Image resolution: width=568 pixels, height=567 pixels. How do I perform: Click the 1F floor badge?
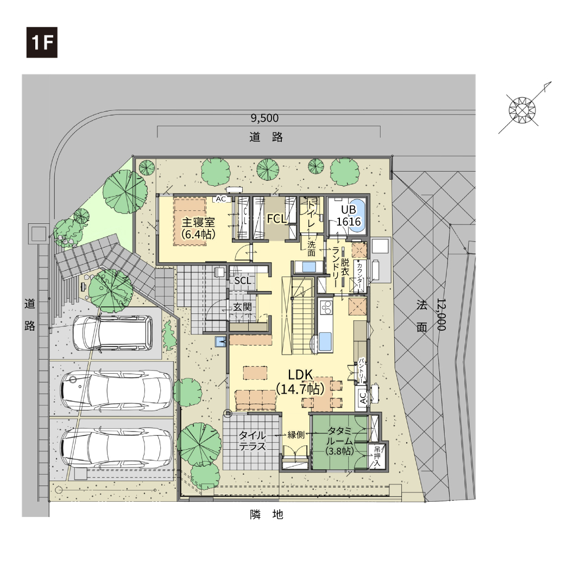[x=42, y=42]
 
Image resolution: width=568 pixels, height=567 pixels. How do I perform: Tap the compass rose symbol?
[x=522, y=109]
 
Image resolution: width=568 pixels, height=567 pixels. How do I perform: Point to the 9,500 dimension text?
[x=264, y=118]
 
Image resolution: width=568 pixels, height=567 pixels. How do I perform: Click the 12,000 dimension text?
[x=441, y=314]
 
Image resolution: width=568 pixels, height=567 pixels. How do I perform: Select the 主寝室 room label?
[x=198, y=222]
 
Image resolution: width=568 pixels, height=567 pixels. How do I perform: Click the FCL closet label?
[x=277, y=218]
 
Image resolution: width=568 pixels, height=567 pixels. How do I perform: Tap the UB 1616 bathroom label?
[x=349, y=216]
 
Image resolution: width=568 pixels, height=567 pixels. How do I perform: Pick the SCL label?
[x=242, y=281]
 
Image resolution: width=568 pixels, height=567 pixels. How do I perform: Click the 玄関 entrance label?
[x=242, y=307]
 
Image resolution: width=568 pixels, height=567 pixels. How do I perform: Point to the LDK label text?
[x=300, y=375]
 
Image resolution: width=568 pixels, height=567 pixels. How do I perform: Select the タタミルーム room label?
[x=339, y=436]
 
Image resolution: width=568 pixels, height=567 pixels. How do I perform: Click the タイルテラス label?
[x=252, y=440]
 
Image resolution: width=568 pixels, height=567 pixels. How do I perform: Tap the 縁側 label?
[x=296, y=435]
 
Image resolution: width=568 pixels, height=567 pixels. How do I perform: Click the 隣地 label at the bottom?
[x=266, y=514]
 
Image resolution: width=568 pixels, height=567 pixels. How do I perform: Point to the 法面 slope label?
[x=421, y=316]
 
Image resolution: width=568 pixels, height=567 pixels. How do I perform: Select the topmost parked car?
[x=112, y=333]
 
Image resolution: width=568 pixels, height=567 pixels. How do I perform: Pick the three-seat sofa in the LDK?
[x=255, y=400]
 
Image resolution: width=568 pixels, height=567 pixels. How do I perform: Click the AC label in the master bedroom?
[x=221, y=199]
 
